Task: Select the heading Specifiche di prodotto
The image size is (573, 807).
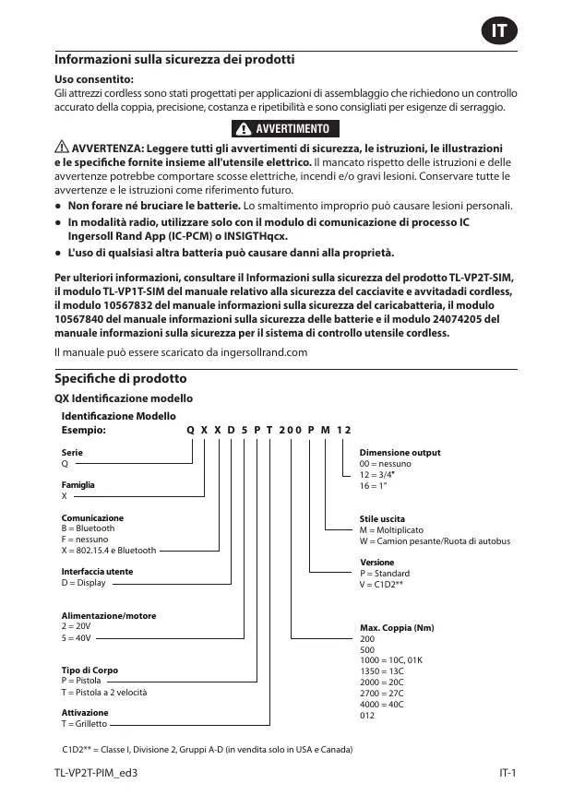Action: pyautogui.click(x=120, y=379)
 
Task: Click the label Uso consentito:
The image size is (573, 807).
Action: pyautogui.click(x=94, y=80)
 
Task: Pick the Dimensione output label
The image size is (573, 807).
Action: pyautogui.click(x=400, y=453)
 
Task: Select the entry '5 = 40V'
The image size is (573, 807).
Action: pyautogui.click(x=76, y=637)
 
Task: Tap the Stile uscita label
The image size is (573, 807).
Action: pyautogui.click(x=382, y=519)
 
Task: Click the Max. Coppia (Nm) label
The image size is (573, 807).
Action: pyautogui.click(x=396, y=628)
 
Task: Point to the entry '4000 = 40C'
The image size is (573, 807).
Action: pyautogui.click(x=381, y=705)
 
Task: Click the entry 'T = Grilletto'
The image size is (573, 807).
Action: pyautogui.click(x=85, y=724)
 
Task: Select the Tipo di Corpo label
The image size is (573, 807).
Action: pyautogui.click(x=90, y=670)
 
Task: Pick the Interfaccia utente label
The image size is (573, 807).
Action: pyautogui.click(x=97, y=572)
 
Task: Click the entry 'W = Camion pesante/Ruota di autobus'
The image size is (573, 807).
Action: pyautogui.click(x=434, y=541)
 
